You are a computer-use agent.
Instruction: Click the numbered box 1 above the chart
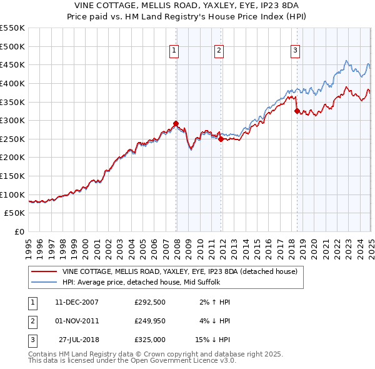(174, 51)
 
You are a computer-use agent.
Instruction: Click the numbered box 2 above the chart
(219, 51)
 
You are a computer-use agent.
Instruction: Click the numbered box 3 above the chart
(295, 51)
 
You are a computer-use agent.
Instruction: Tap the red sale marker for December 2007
(176, 123)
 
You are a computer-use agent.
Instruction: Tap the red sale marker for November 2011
(221, 139)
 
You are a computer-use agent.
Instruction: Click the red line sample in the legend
(44, 271)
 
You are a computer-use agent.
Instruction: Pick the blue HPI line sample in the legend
(44, 282)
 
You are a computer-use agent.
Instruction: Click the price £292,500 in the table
(150, 302)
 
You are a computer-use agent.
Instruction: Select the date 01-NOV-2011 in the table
(77, 321)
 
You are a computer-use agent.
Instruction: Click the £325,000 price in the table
(150, 341)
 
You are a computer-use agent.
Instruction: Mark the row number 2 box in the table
(31, 321)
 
